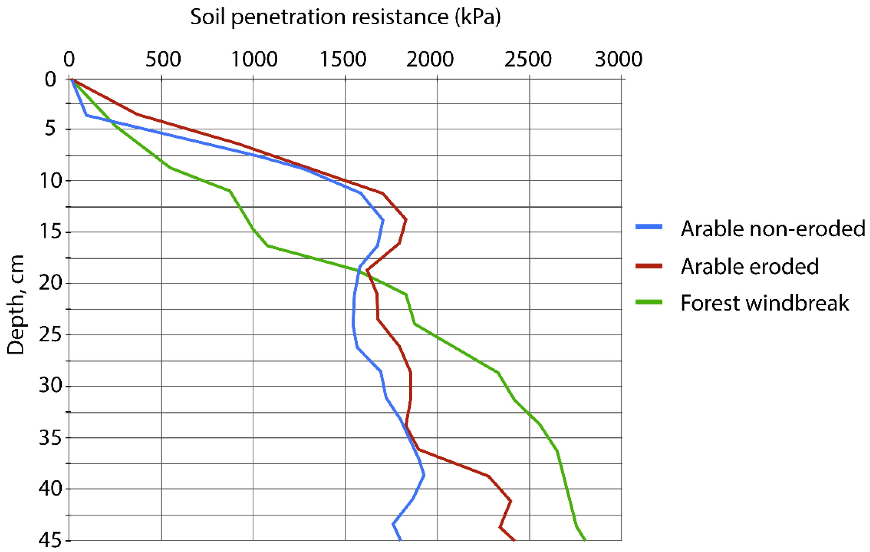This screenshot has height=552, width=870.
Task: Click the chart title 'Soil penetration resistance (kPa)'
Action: click(345, 17)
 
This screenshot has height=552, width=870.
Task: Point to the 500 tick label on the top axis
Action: click(163, 59)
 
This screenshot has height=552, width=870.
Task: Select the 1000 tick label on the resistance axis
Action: click(254, 59)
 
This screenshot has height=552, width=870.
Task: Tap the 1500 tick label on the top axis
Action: click(343, 59)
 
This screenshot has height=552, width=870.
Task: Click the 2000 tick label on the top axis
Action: click(430, 59)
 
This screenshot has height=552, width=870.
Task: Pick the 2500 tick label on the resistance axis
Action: click(528, 59)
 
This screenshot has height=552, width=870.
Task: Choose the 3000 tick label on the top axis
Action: click(618, 59)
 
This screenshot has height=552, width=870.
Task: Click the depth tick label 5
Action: click(50, 129)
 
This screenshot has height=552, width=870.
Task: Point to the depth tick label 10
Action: click(51, 181)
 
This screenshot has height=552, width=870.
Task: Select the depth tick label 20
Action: click(51, 283)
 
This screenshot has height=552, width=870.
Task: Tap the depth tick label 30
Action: click(51, 385)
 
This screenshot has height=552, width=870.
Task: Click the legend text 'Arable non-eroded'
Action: click(773, 229)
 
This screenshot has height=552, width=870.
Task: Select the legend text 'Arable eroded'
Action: click(750, 267)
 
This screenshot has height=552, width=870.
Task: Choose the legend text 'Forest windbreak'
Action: click(764, 303)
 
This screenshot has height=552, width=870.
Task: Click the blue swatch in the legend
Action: click(649, 227)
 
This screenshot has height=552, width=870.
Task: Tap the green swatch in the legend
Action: click(649, 302)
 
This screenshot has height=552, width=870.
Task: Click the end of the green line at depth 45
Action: click(585, 540)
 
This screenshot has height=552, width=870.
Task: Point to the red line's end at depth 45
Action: click(514, 540)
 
